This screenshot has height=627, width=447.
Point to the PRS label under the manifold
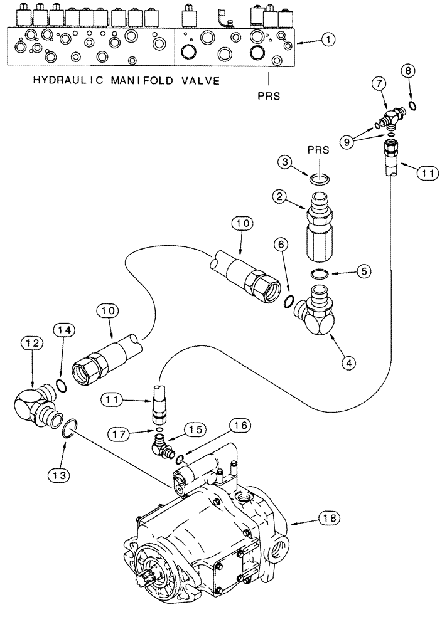(269, 97)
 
